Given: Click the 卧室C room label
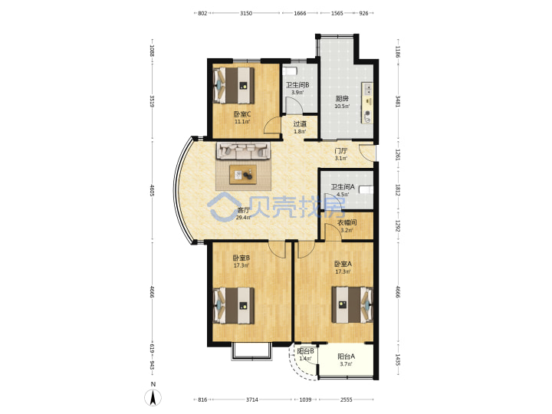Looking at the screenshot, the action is tap(242, 114).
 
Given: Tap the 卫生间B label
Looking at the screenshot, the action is tap(297, 85).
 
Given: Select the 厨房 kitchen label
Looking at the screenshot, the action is tap(342, 98).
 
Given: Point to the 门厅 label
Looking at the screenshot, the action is tap(340, 151).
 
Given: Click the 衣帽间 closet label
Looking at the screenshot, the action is tap(347, 222).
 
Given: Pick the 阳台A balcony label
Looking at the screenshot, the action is tap(347, 356).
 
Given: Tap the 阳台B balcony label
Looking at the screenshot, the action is tap(306, 351).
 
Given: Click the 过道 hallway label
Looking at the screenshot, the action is tap(300, 124).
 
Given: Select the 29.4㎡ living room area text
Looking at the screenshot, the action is tap(243, 218).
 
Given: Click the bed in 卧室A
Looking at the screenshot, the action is tap(353, 305).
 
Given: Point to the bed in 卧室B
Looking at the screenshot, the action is tap(234, 306).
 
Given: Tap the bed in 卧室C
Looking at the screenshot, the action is tap(234, 86).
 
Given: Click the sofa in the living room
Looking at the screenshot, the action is tap(243, 151).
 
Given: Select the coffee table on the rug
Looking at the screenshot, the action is tap(243, 174).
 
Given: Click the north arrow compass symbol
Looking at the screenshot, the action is tap(153, 398).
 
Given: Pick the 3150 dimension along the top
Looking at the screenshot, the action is tap(246, 13).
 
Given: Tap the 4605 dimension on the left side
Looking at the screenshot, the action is tap(152, 190).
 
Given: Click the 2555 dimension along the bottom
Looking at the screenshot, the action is tap(347, 399).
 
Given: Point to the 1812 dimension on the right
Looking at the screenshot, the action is tap(397, 190).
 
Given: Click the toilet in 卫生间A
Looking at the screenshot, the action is tap(366, 190).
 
